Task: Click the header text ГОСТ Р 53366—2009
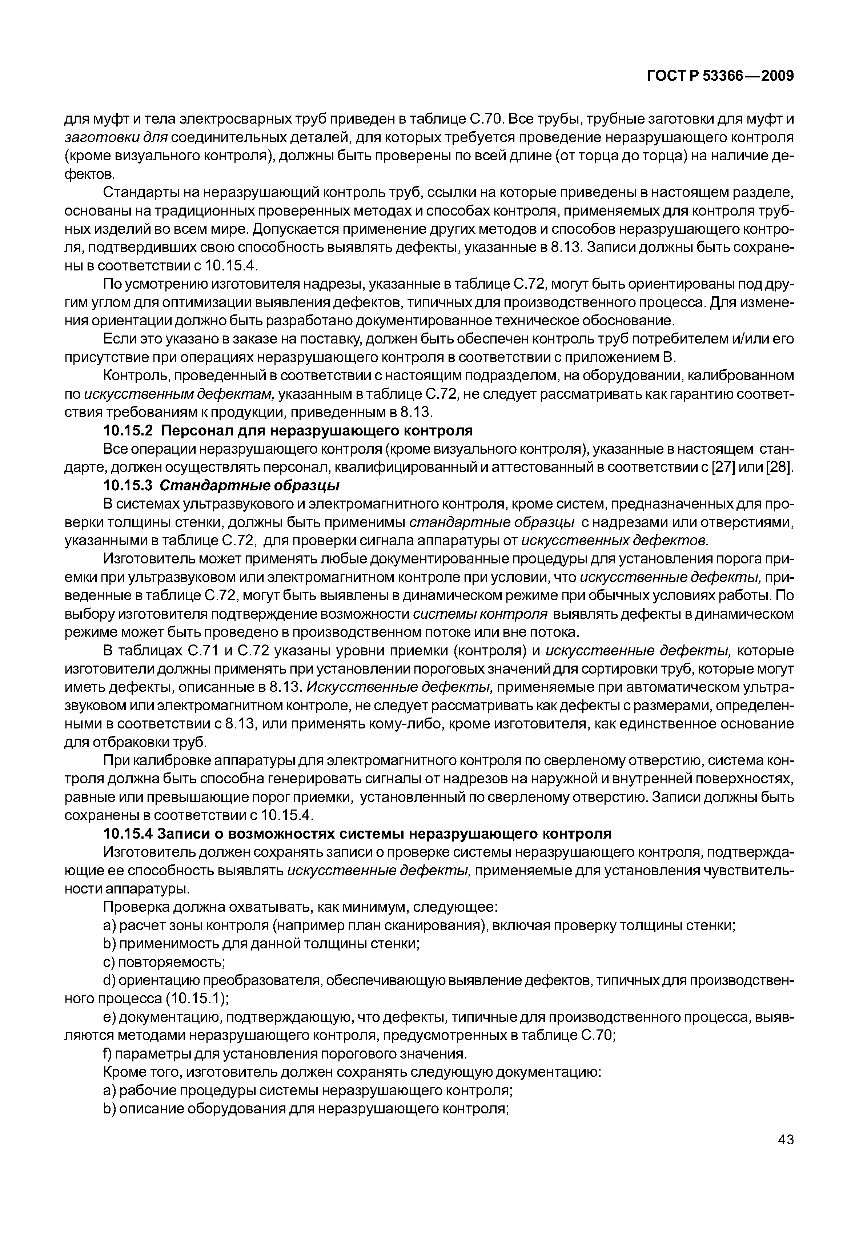point(720,76)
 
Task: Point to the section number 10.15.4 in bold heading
point(128,834)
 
